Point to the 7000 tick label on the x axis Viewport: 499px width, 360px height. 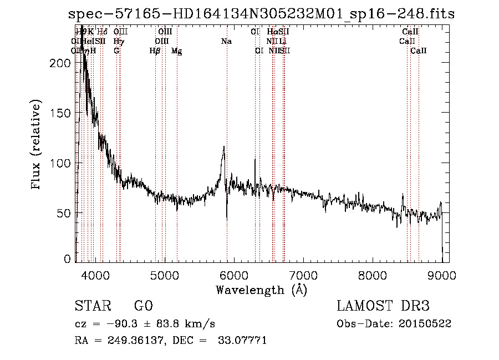point(303,275)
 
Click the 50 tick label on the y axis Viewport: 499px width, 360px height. point(65,213)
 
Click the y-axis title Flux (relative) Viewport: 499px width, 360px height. point(37,146)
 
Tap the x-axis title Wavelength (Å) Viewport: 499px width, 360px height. point(261,290)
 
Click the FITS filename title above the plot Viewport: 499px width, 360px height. point(261,14)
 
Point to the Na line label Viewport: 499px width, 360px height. point(226,41)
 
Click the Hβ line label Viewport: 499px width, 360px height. point(155,50)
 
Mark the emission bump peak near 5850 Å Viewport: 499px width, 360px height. point(224,147)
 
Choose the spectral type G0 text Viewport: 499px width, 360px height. point(143,306)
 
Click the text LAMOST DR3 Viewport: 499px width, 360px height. point(383,306)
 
